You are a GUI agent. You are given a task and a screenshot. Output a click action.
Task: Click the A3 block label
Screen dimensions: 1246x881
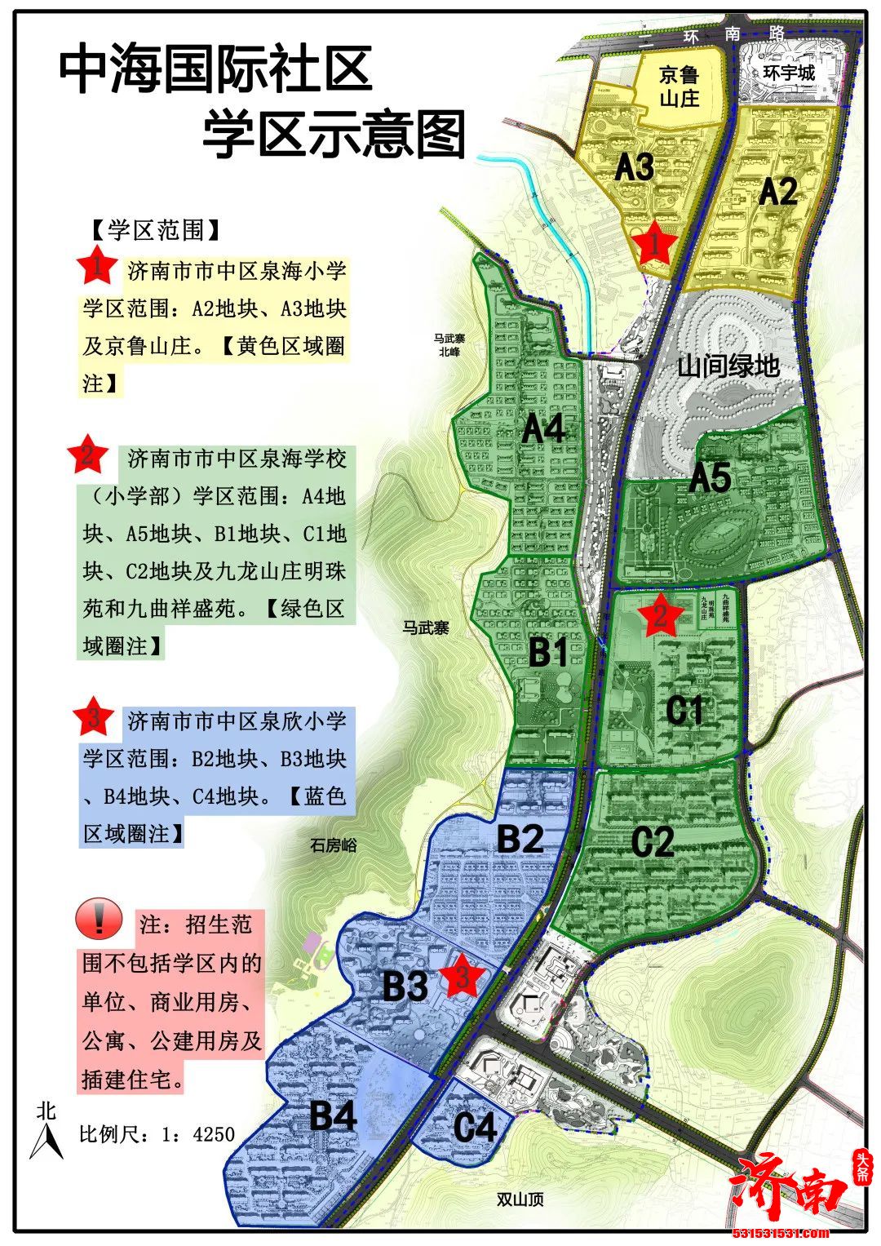pyautogui.click(x=634, y=167)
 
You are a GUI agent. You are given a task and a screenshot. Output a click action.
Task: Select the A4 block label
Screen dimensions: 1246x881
pyautogui.click(x=544, y=428)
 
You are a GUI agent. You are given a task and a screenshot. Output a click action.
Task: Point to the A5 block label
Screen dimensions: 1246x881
pyautogui.click(x=711, y=478)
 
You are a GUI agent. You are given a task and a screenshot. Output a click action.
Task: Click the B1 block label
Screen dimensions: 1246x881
pyautogui.click(x=548, y=653)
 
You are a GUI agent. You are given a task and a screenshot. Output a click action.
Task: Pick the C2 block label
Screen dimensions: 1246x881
pyautogui.click(x=653, y=842)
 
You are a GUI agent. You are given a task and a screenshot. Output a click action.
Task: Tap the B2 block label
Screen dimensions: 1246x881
pyautogui.click(x=520, y=838)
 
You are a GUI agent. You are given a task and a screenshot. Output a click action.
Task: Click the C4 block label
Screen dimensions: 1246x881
pyautogui.click(x=475, y=1128)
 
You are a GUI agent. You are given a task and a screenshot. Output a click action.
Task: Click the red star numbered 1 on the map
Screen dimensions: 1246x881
pyautogui.click(x=654, y=242)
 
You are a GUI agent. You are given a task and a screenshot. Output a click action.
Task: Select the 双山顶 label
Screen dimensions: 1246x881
pyautogui.click(x=520, y=1200)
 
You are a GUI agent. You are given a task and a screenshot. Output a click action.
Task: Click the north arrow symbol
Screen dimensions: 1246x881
pyautogui.click(x=46, y=1134)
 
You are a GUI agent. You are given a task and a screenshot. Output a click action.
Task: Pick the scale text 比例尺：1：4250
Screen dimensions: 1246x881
pyautogui.click(x=157, y=1134)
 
